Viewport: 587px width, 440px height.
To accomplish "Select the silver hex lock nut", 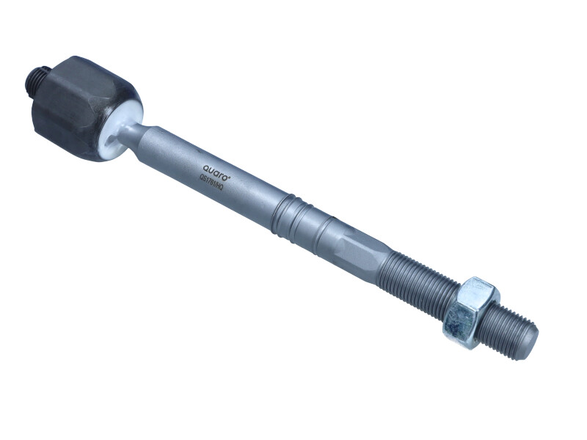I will click(x=470, y=312).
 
